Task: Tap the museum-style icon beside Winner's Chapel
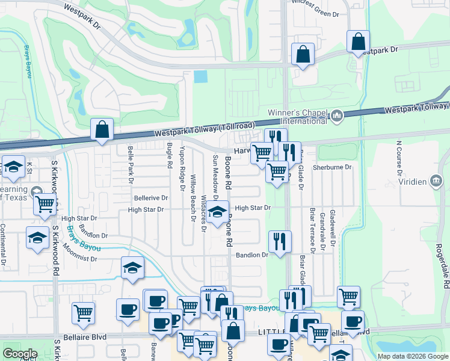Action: click(337, 114)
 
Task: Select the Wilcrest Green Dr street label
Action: click(315, 13)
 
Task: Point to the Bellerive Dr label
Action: click(150, 197)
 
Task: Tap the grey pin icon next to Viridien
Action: click(436, 181)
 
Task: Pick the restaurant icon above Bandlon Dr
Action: click(279, 241)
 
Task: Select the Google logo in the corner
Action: click(20, 354)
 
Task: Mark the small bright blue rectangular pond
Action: click(201, 77)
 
